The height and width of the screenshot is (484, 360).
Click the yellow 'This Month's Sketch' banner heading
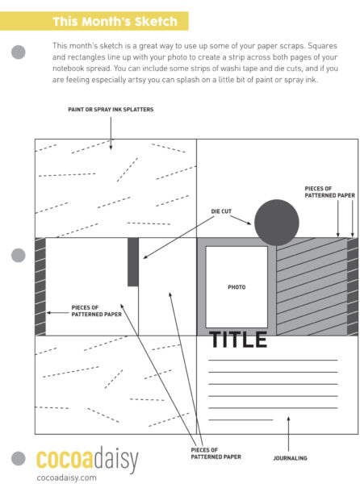click(115, 21)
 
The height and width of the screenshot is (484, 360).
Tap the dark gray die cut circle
click(277, 223)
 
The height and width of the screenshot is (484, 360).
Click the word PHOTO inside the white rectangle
click(237, 287)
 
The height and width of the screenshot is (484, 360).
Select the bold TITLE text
click(238, 340)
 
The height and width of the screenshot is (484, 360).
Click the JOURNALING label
click(290, 458)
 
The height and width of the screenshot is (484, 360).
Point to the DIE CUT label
click(221, 211)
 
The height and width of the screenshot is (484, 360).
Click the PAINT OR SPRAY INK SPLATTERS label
click(111, 109)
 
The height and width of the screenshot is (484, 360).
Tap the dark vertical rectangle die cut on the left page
click(133, 262)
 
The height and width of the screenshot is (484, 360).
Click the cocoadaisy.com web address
click(66, 478)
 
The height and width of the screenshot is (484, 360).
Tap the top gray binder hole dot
click(19, 52)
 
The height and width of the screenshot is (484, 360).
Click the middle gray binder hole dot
click(19, 255)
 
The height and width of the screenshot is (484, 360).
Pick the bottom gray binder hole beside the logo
click(19, 458)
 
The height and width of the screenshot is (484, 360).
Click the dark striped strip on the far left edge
click(40, 286)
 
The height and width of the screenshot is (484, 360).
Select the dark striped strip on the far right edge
click(353, 286)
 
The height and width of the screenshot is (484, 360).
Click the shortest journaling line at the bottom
click(241, 419)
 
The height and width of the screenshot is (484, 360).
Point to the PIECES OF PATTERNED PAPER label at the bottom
click(216, 453)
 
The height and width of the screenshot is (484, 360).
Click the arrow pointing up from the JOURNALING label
click(288, 434)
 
